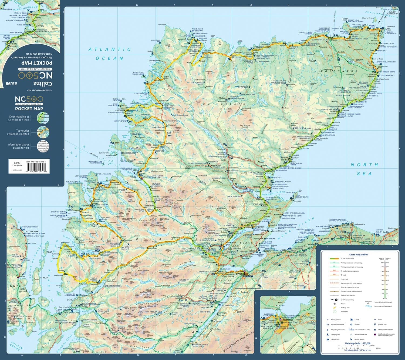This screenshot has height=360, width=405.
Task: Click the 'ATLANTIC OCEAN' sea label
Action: click(x=110, y=54)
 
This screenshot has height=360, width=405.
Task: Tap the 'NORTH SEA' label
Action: click(x=364, y=169)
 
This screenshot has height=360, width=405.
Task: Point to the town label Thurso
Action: click(x=334, y=40)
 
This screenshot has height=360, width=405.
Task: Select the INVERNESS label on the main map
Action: click(x=242, y=274)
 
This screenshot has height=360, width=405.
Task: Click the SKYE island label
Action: click(x=15, y=286)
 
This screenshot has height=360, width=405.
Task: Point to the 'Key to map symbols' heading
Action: click(x=359, y=255)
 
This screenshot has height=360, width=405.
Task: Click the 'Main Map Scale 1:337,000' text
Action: click(x=357, y=343)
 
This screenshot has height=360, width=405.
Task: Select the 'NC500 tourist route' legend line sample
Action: click(x=334, y=259)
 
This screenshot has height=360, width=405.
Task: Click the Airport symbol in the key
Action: click(x=335, y=304)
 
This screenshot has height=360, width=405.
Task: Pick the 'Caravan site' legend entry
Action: click(x=335, y=339)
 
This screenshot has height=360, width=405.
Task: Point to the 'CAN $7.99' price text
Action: click(x=18, y=165)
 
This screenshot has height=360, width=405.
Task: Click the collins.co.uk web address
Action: click(x=17, y=170)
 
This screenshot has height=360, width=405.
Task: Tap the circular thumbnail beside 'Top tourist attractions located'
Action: click(x=43, y=132)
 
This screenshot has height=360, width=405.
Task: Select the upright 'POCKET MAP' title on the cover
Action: click(x=29, y=109)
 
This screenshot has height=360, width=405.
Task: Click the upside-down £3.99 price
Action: click(x=11, y=84)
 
